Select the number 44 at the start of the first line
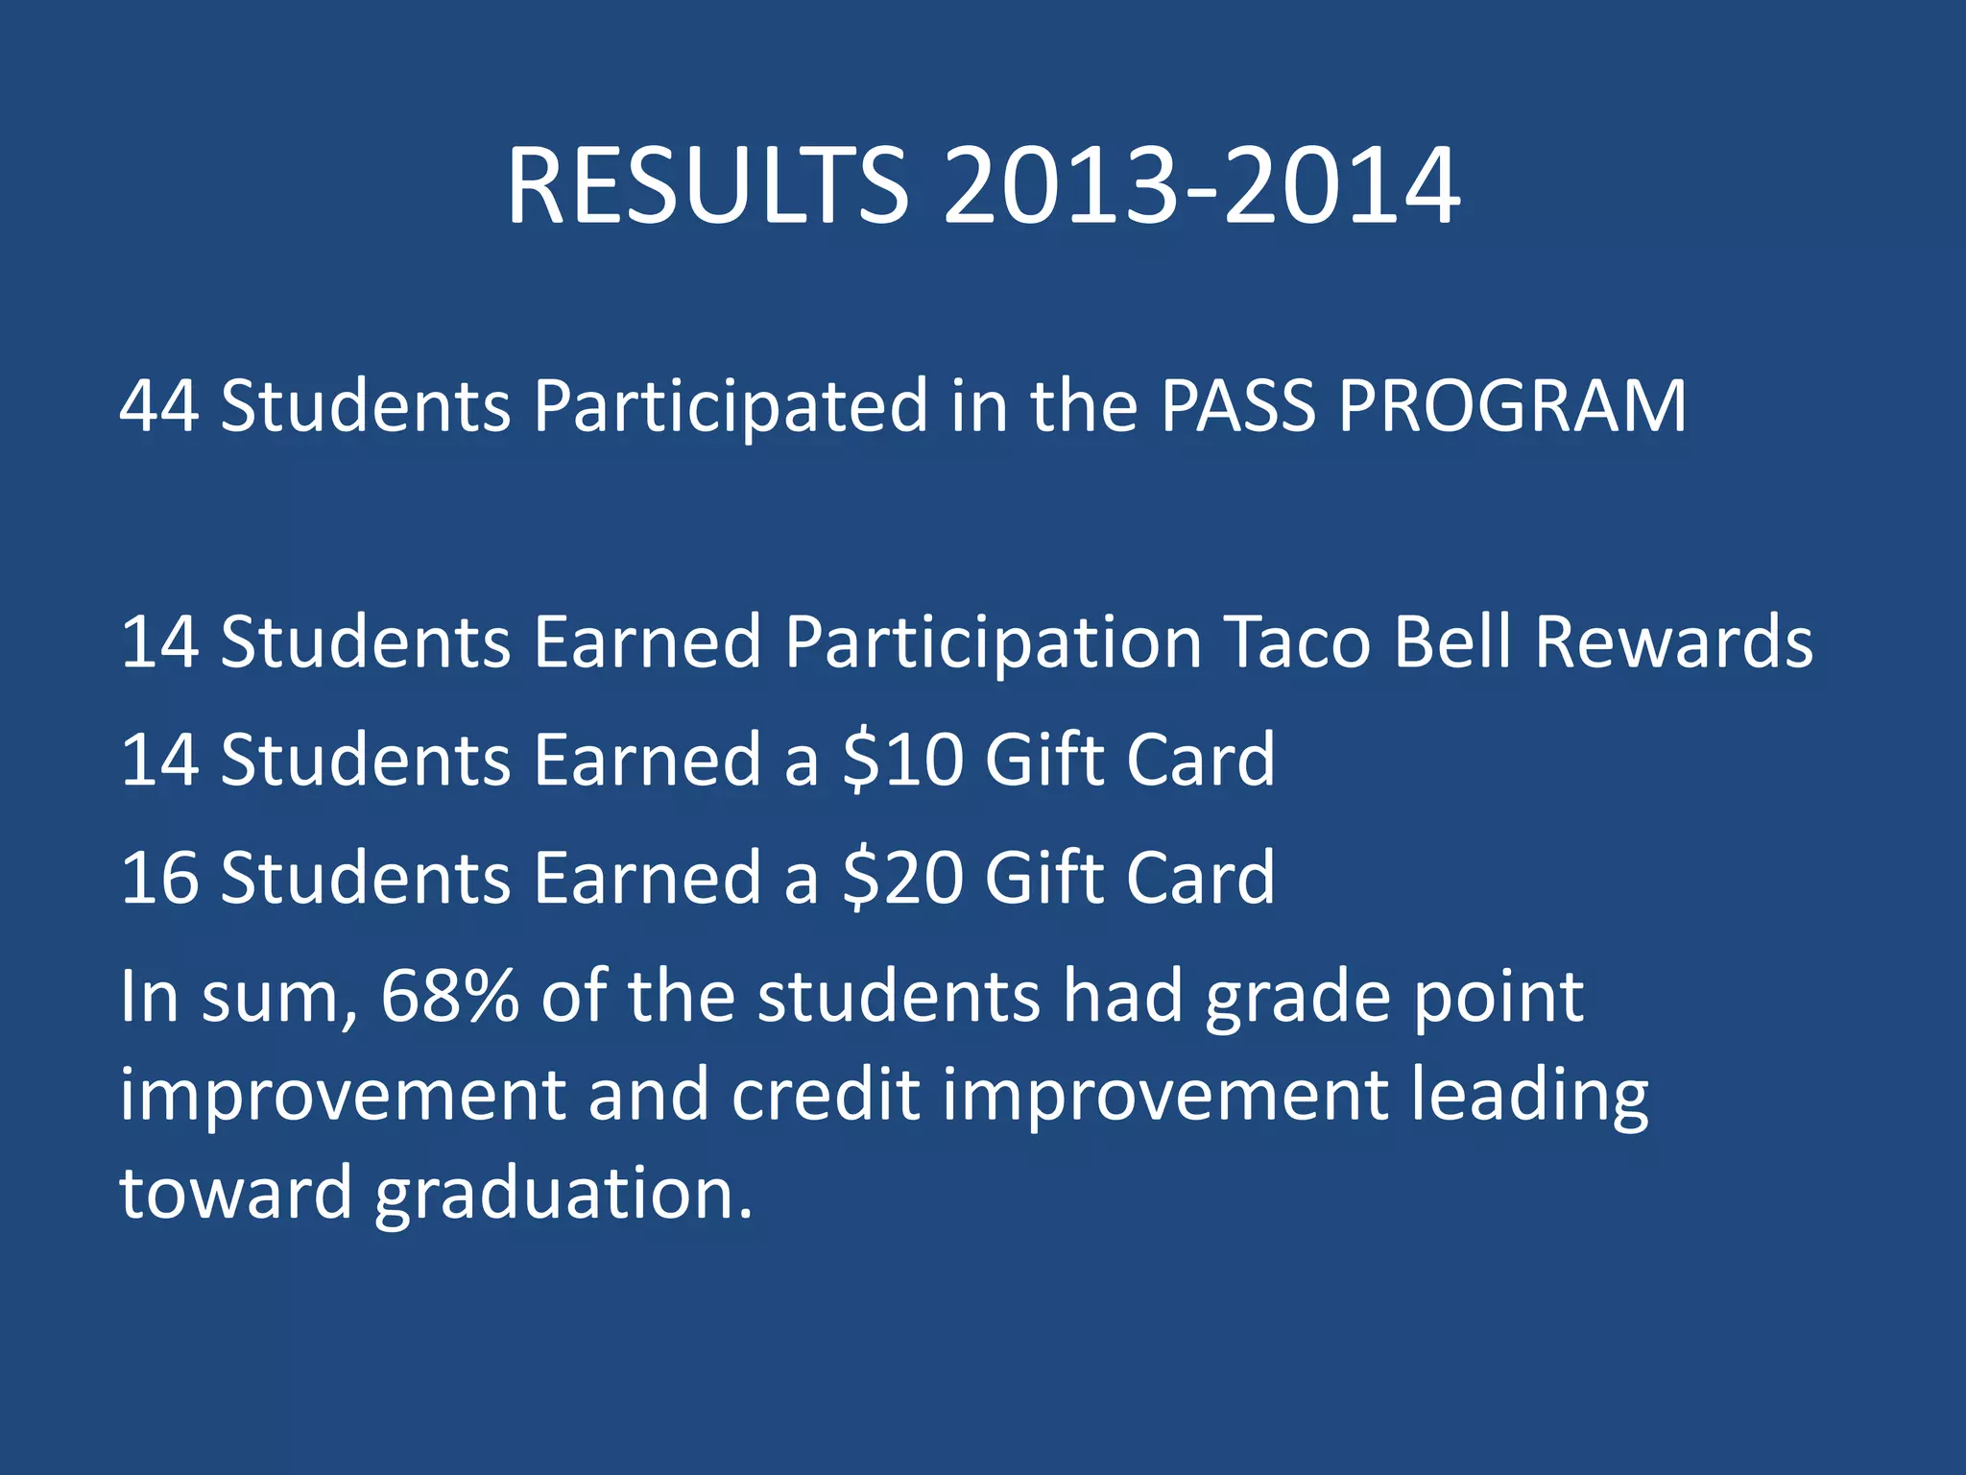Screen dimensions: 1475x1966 point(159,405)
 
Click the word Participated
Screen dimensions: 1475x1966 point(731,407)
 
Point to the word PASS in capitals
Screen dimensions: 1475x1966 point(1237,405)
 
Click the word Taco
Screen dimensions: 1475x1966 point(1299,641)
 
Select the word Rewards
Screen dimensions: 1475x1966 point(1673,641)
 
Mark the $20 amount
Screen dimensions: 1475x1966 point(902,878)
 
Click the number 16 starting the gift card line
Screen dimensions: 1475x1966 point(159,878)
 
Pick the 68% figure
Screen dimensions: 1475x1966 point(449,997)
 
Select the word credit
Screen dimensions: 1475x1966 point(826,1095)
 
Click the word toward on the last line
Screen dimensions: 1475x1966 point(236,1195)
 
